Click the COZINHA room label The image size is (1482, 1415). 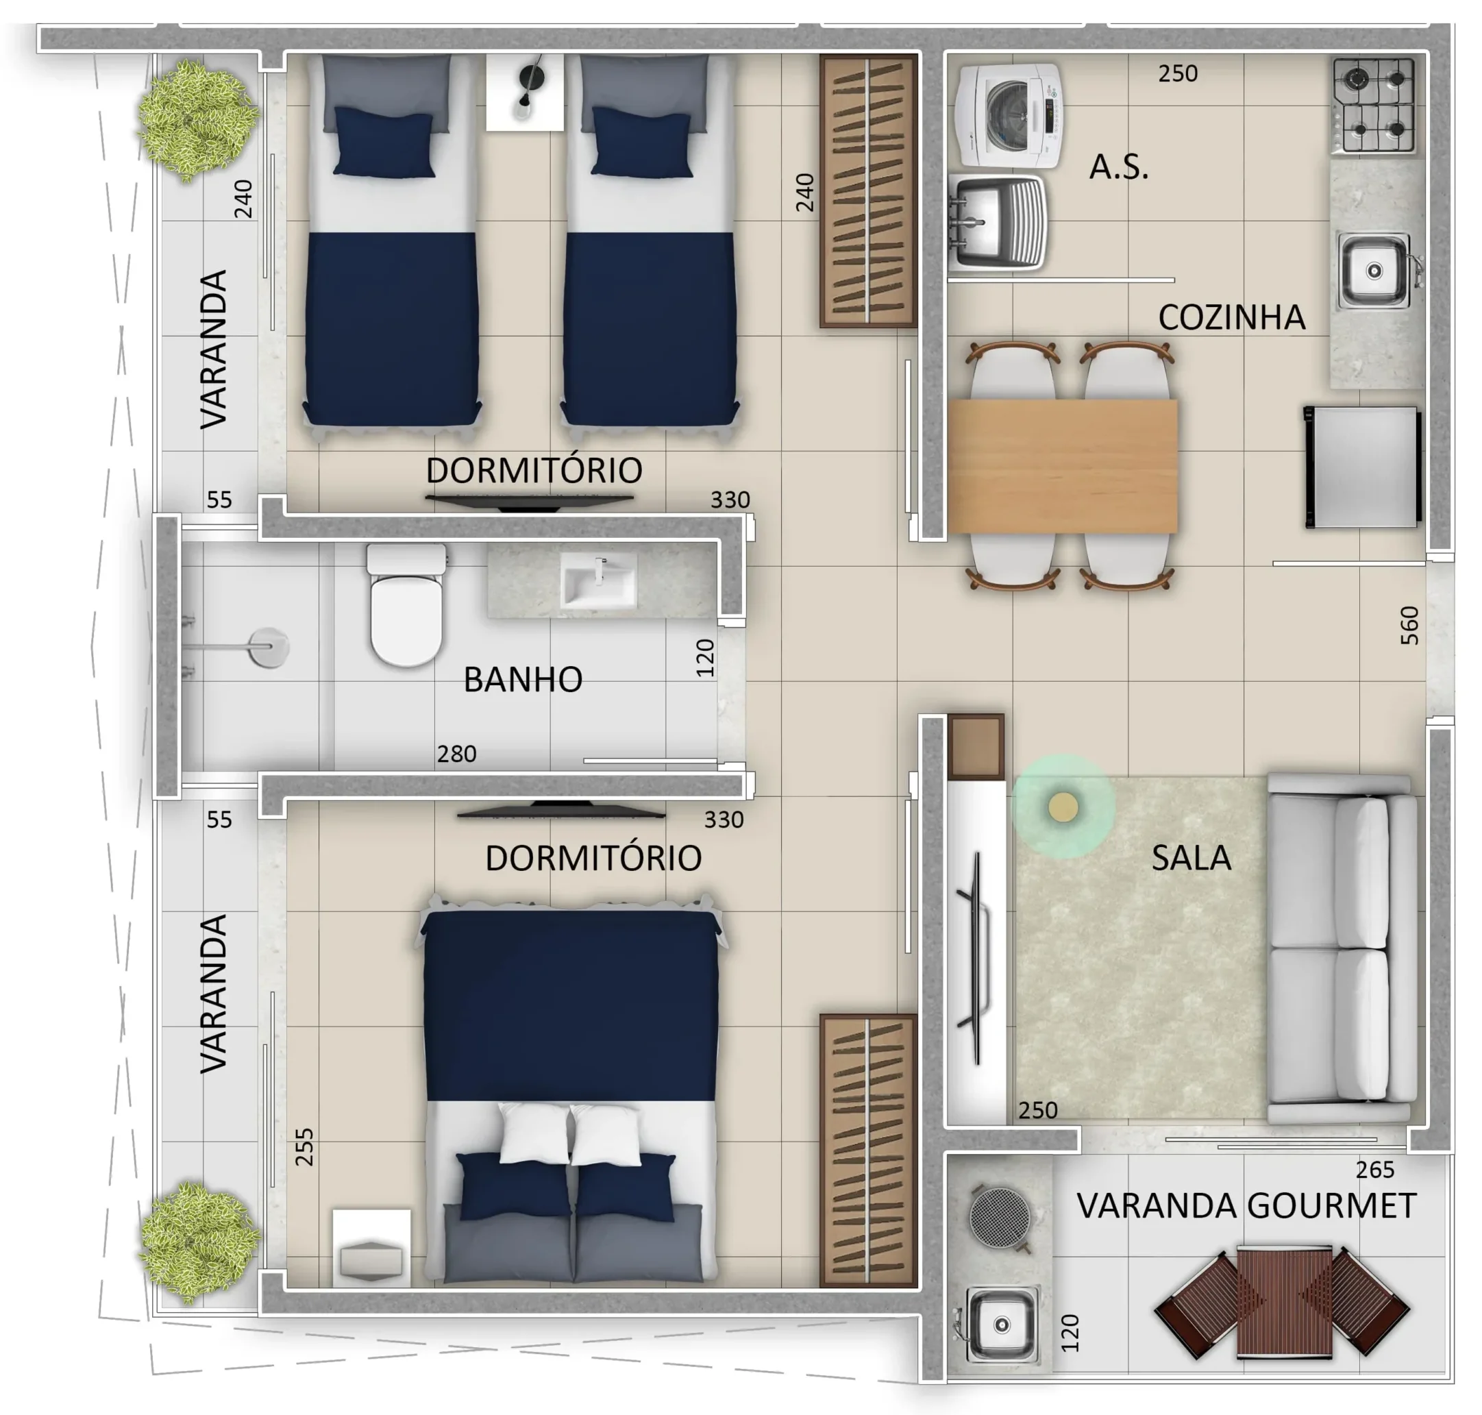(x=1232, y=317)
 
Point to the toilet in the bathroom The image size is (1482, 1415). (x=406, y=606)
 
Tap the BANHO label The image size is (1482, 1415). (x=523, y=680)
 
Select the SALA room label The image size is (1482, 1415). (x=1191, y=858)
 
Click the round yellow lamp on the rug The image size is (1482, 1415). (x=1063, y=807)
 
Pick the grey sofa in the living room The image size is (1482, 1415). (x=1341, y=948)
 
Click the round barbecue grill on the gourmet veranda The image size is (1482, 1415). (x=1000, y=1217)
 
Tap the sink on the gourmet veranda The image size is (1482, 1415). (x=1002, y=1325)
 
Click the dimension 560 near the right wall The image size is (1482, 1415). (x=1409, y=626)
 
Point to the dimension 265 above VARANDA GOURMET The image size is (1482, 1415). (x=1375, y=1170)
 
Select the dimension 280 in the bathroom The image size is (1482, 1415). (x=456, y=754)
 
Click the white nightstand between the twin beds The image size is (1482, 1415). (x=524, y=92)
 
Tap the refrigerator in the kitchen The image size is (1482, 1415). (x=1362, y=467)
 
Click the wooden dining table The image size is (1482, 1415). (x=1063, y=467)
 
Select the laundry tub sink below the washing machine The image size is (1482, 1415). (x=997, y=223)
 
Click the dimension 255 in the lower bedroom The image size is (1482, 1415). (x=304, y=1147)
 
